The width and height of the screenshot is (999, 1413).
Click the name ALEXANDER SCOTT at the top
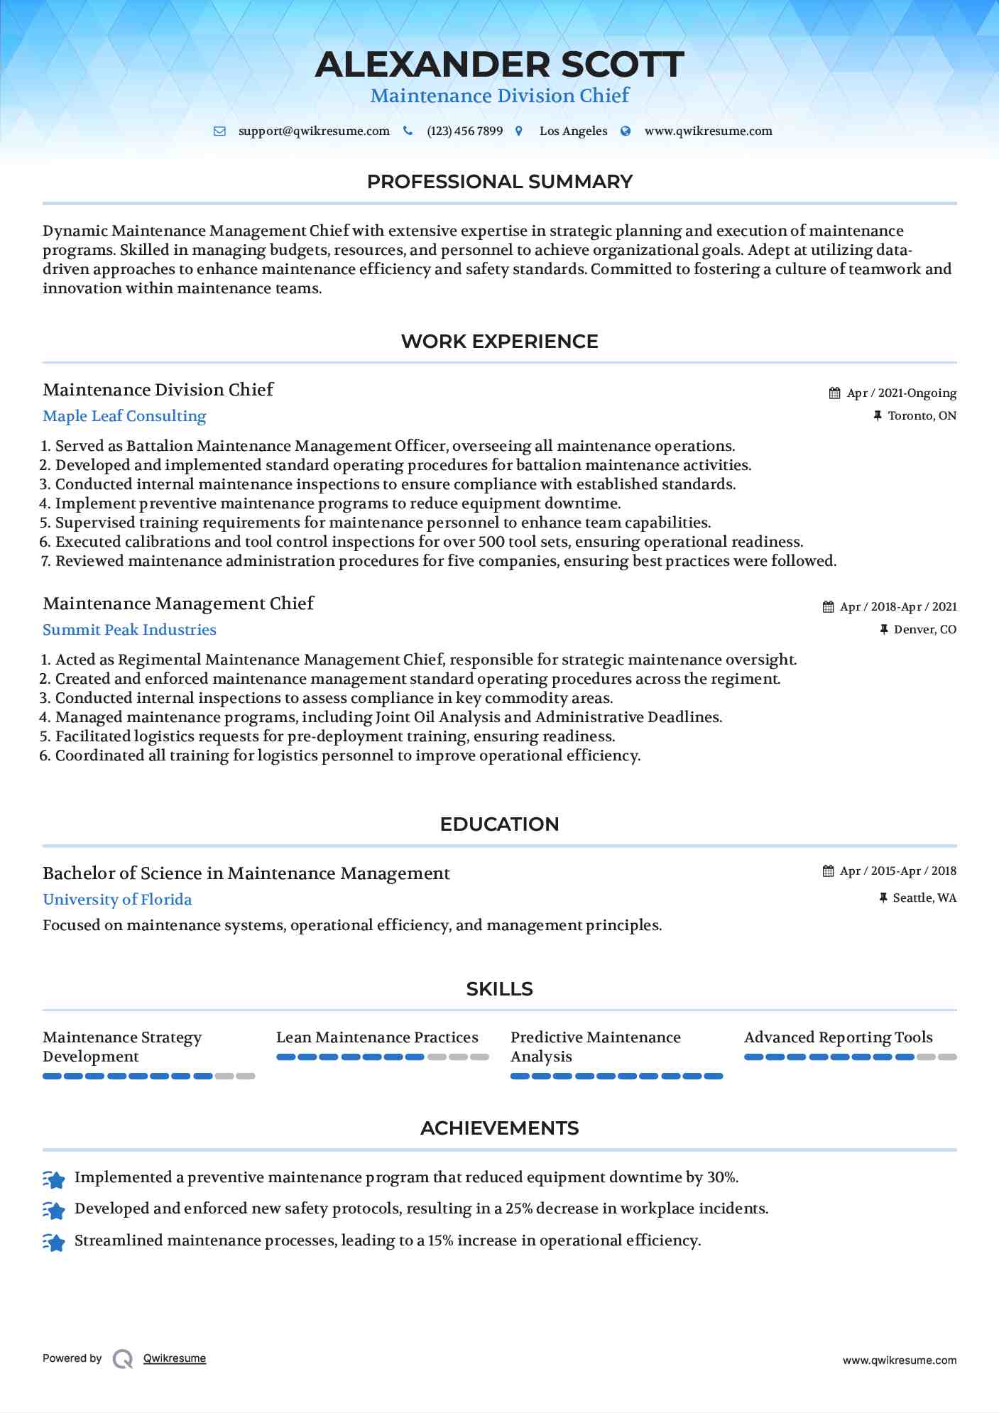499,65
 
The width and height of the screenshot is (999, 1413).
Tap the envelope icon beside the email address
220,131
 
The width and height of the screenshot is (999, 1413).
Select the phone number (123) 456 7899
464,131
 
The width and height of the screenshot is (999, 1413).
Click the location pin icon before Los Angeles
519,131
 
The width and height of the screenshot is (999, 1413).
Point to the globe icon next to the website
626,131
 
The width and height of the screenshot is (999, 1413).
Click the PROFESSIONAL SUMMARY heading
499,182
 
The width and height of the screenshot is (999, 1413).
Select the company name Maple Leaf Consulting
124,416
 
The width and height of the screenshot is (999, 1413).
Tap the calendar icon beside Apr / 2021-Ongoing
834,393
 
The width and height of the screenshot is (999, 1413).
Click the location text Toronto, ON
922,416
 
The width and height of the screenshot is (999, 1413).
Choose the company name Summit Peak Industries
129,630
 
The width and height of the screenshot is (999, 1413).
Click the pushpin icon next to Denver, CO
884,630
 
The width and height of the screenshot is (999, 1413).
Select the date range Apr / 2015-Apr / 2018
897,871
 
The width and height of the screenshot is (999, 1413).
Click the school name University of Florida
117,900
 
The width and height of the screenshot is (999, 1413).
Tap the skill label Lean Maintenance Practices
377,1037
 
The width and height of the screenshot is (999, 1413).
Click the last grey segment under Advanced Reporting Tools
947,1057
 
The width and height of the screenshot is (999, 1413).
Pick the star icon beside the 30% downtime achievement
54,1179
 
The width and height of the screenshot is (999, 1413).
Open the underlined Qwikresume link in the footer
175,1358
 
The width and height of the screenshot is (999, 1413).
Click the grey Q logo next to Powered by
123,1359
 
